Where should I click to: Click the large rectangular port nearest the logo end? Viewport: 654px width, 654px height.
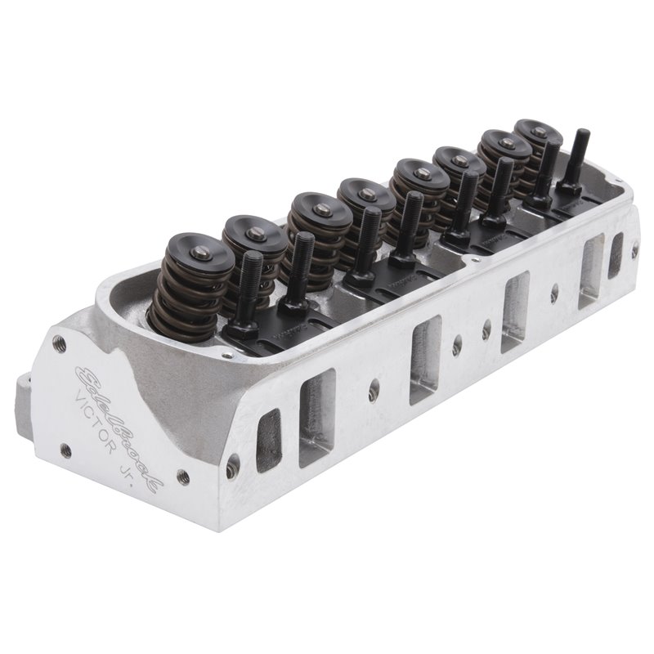point(316,417)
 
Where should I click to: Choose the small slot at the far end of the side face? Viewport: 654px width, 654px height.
point(615,253)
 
